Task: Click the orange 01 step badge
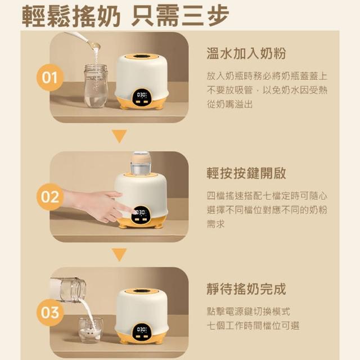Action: point(49,78)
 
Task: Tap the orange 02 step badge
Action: point(49,197)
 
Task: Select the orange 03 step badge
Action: point(49,313)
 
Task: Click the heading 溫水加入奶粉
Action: point(246,53)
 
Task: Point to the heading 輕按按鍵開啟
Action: point(246,173)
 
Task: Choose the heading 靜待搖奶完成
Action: point(246,289)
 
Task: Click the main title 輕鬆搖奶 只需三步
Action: point(125,16)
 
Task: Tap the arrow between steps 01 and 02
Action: point(119,136)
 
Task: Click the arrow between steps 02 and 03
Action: point(119,254)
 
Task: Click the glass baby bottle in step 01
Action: point(96,86)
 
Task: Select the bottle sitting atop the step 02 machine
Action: point(141,163)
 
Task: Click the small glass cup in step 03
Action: point(90,330)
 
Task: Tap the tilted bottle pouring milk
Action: point(68,289)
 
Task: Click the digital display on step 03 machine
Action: point(141,332)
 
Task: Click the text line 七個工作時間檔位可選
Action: point(253,326)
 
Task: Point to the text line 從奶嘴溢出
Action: point(229,104)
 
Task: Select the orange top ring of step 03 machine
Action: point(142,291)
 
